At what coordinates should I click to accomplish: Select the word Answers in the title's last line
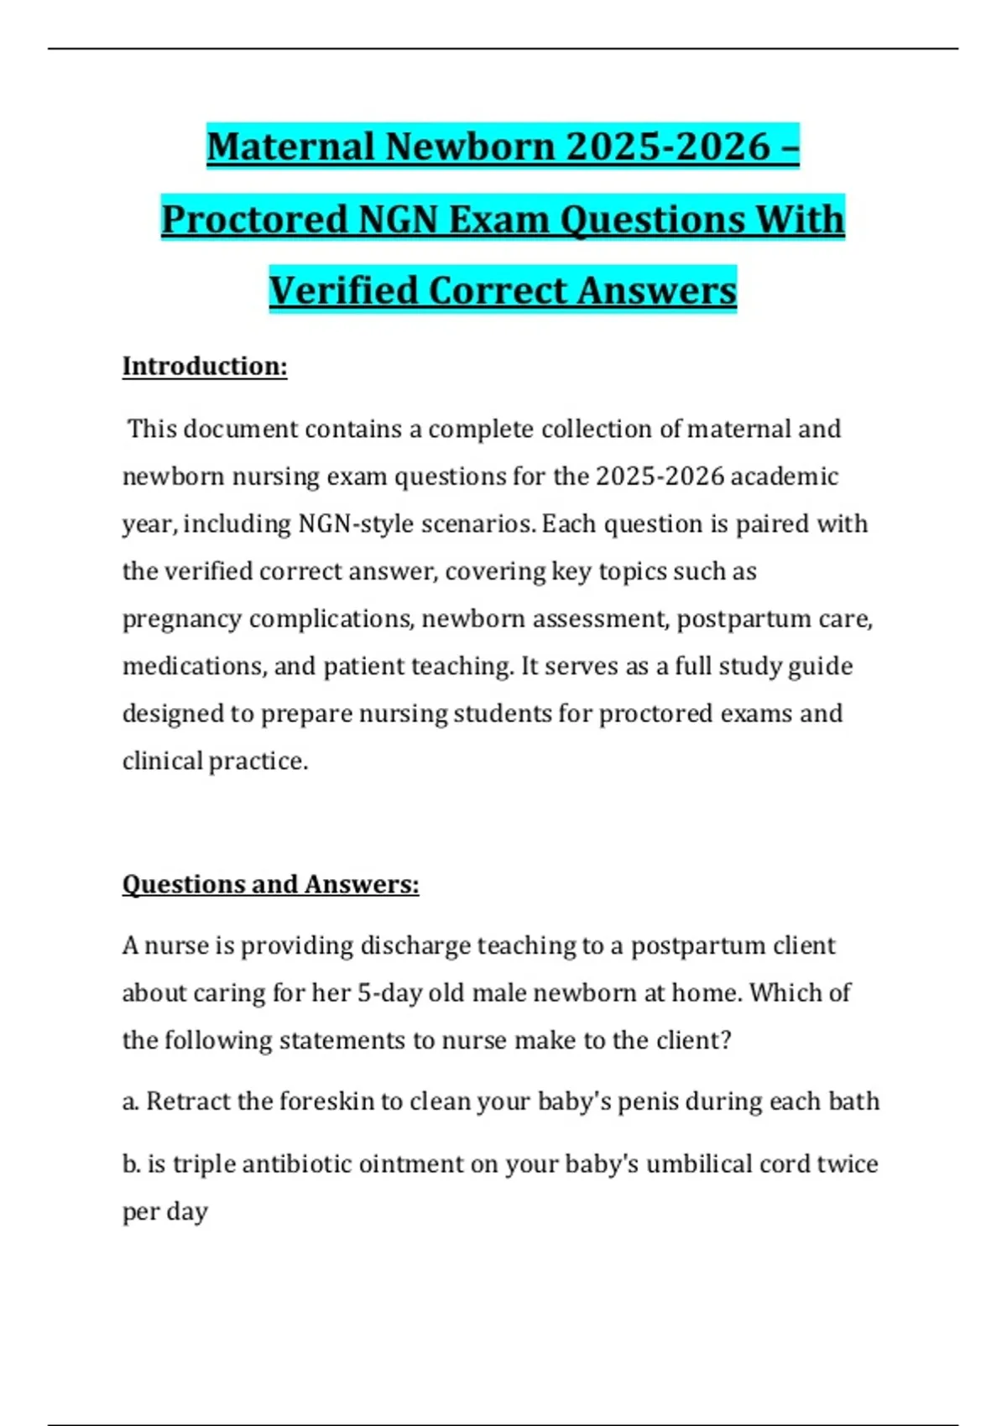[x=657, y=291]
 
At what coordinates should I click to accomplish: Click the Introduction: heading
[x=205, y=367]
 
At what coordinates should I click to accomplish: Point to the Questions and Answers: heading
[x=270, y=884]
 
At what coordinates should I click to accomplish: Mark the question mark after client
[x=726, y=1041]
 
